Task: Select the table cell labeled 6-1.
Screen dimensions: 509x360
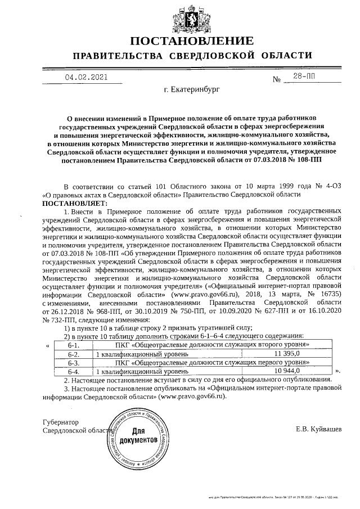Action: coord(73,345)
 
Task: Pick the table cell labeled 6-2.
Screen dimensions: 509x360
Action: coord(73,354)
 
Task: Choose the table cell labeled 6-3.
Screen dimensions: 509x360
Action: coord(73,363)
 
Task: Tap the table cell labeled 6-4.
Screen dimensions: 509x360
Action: coord(73,372)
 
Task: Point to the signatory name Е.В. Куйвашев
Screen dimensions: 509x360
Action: coord(318,430)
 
